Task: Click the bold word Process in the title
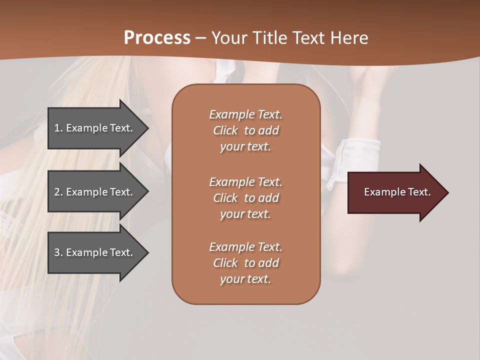click(157, 38)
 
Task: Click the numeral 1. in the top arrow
click(58, 128)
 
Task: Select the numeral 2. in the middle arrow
click(58, 192)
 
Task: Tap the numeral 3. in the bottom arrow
click(58, 252)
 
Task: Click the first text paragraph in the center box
click(246, 130)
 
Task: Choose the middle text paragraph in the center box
click(246, 198)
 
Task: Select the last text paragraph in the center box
click(246, 263)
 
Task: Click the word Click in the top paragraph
click(225, 130)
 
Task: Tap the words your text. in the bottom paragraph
click(245, 279)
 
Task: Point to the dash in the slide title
click(201, 38)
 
